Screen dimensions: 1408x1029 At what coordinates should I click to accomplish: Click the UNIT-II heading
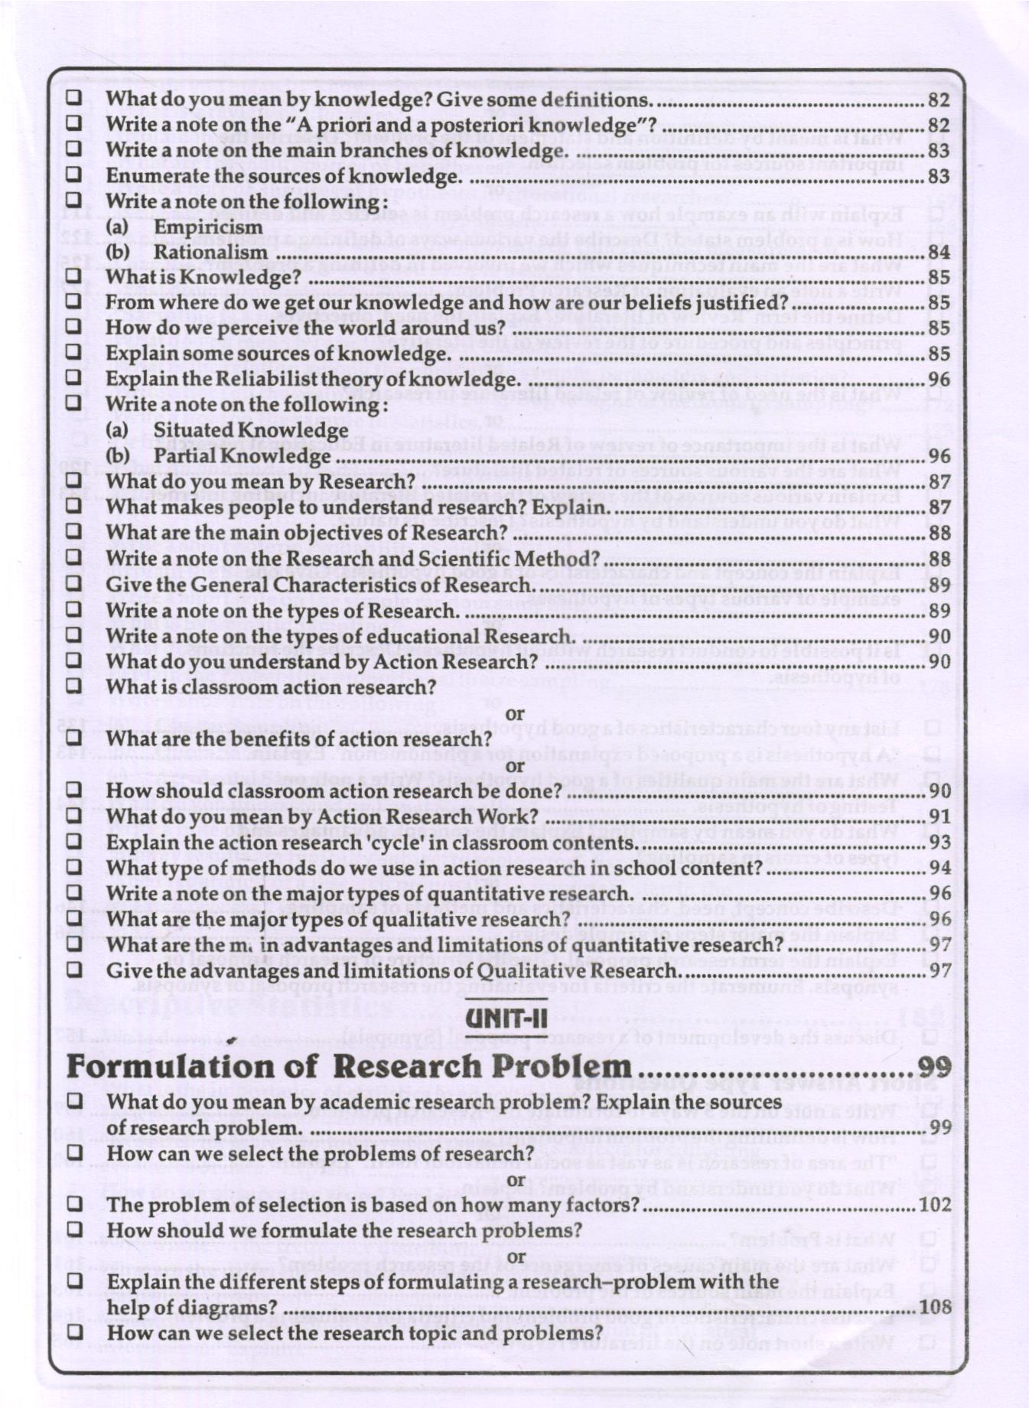(x=506, y=1018)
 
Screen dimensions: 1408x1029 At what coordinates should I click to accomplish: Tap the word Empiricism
(x=208, y=227)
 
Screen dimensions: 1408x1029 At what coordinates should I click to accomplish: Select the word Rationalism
(x=210, y=253)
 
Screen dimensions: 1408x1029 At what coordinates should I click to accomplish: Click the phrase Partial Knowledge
(x=242, y=456)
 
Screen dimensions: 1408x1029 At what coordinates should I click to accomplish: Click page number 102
(x=936, y=1204)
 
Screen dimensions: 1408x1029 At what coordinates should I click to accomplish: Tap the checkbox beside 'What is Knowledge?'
(x=73, y=276)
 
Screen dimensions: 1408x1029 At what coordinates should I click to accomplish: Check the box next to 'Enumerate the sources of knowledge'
(x=73, y=175)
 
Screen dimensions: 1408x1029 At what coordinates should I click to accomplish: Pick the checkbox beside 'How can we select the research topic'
(x=73, y=1332)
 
